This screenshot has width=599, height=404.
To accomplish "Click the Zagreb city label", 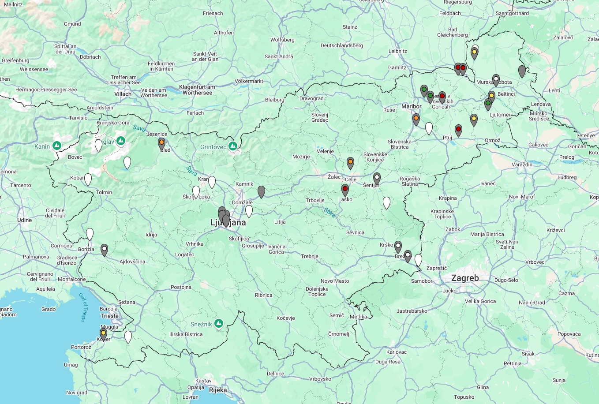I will pos(465,278).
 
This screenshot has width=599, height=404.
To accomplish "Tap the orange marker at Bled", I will pos(161,143).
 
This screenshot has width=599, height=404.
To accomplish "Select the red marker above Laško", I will pos(345,189).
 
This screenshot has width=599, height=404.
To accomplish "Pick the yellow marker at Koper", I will pos(103,333).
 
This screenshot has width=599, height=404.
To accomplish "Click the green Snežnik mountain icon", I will pos(218,324).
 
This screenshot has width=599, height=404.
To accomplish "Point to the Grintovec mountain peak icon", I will pos(232,146).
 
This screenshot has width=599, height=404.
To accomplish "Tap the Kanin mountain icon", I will pos(56,146).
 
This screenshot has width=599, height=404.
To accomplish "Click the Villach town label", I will pos(123,94).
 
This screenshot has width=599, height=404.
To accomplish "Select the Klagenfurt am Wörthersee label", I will pos(197,90).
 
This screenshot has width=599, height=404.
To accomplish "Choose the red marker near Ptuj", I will pos(458,130).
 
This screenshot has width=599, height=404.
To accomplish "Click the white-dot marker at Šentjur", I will pos(377,178).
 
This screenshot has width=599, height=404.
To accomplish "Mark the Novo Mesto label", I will pos(335,281).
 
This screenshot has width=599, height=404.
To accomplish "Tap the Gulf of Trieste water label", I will pos(82,307).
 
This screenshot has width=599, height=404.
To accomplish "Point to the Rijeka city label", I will pos(218,390).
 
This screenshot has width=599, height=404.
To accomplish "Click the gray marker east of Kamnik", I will pos(261,191).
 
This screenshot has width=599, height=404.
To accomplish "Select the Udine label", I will pos(25,220).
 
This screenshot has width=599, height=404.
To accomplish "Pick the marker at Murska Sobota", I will pos(496,80).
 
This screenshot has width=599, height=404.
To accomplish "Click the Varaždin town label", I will pos(522,165).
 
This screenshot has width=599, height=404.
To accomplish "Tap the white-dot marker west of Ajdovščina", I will pos(104,250).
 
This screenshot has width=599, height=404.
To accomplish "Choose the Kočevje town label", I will pos(286,318).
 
